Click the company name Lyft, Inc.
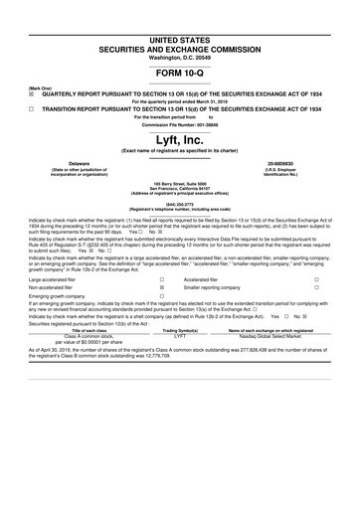coord(180,138)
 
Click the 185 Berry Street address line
coord(180,183)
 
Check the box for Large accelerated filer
coord(162,281)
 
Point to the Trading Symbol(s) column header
coord(180,358)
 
